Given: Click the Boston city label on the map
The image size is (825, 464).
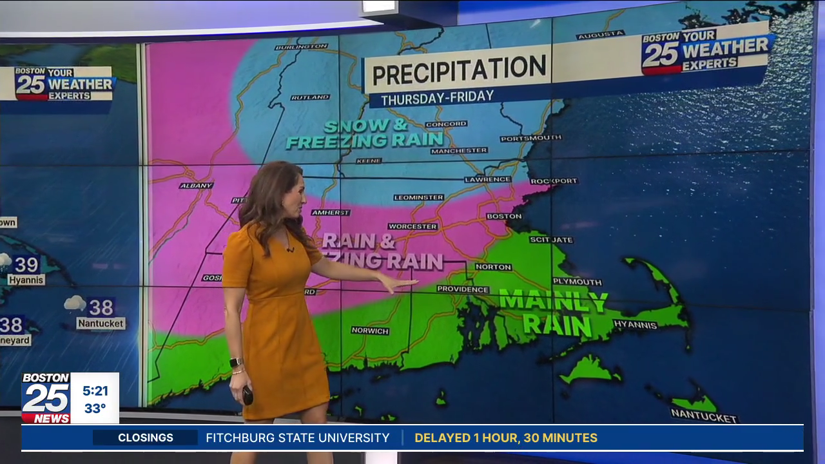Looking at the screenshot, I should pyautogui.click(x=504, y=217).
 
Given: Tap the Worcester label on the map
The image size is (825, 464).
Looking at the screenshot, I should pyautogui.click(x=412, y=227).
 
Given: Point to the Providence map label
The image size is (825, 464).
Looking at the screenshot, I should pyautogui.click(x=463, y=289).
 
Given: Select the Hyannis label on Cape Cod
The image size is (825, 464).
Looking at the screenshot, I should pyautogui.click(x=635, y=325).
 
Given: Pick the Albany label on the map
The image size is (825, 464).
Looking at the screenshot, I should pyautogui.click(x=196, y=186).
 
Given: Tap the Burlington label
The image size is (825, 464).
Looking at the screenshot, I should pyautogui.click(x=301, y=47).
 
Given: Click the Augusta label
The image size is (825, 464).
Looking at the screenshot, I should pyautogui.click(x=601, y=35).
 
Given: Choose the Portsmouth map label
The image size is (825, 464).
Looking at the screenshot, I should pyautogui.click(x=530, y=138).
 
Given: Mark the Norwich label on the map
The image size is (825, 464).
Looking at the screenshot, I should pyautogui.click(x=370, y=331).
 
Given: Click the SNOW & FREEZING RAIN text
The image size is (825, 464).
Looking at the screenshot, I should pyautogui.click(x=365, y=133).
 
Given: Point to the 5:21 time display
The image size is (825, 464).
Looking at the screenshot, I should pyautogui.click(x=95, y=391).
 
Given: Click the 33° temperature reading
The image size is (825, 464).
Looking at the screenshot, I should pyautogui.click(x=95, y=409).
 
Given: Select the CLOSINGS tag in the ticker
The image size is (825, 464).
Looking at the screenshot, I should pyautogui.click(x=146, y=438).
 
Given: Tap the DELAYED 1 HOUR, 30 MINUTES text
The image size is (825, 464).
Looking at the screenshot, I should pyautogui.click(x=506, y=438).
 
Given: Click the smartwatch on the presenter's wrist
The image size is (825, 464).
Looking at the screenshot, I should pyautogui.click(x=236, y=362).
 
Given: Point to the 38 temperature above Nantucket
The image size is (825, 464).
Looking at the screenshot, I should pyautogui.click(x=101, y=307).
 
